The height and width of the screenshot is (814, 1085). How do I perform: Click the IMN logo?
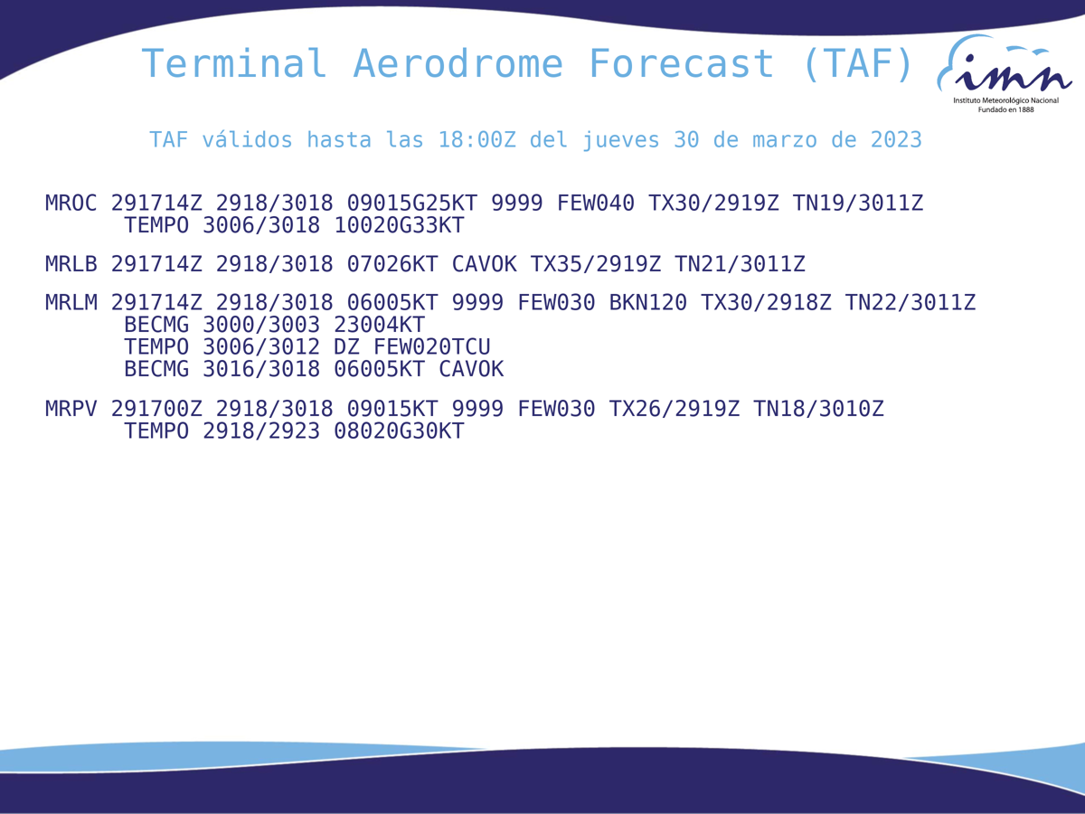(1005, 73)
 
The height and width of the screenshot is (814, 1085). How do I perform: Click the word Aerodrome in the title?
(458, 63)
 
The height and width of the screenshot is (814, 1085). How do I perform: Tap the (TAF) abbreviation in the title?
(858, 63)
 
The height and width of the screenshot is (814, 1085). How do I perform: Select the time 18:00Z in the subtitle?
(477, 140)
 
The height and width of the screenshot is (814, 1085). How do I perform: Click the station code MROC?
(71, 203)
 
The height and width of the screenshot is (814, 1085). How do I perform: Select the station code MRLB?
(71, 264)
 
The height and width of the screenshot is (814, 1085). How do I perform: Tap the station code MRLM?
(71, 302)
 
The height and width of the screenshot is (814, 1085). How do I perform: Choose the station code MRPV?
(71, 409)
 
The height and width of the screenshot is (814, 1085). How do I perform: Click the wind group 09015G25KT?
(411, 203)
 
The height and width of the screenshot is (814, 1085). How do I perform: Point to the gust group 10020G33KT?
(399, 225)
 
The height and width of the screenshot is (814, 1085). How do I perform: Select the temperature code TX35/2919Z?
(595, 264)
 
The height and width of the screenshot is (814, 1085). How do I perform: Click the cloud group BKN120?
(647, 302)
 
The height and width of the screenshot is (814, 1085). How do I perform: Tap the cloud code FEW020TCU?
(431, 347)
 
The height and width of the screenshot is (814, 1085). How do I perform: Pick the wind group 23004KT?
(379, 325)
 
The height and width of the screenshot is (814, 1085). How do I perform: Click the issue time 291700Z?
(156, 409)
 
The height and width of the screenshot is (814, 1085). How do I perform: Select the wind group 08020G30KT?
(399, 431)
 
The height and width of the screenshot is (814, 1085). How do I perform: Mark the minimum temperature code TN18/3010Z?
(818, 409)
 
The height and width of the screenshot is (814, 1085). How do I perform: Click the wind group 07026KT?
(392, 264)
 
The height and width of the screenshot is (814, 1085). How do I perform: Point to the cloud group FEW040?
(595, 203)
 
